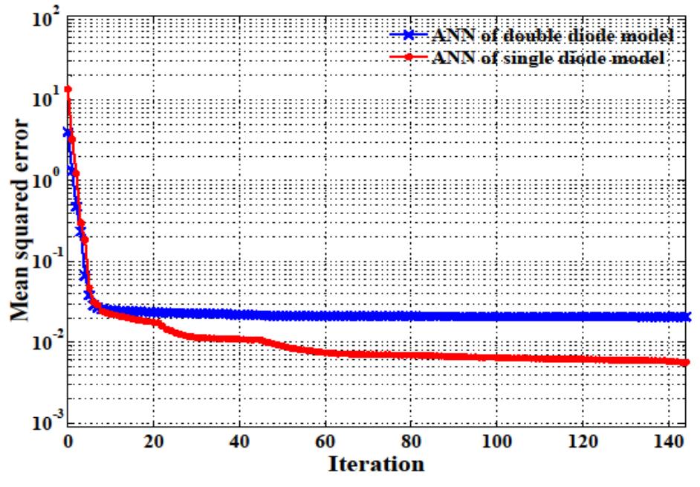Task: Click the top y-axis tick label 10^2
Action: tap(40, 18)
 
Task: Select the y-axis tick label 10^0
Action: tap(40, 181)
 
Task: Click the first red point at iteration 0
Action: tap(68, 89)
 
